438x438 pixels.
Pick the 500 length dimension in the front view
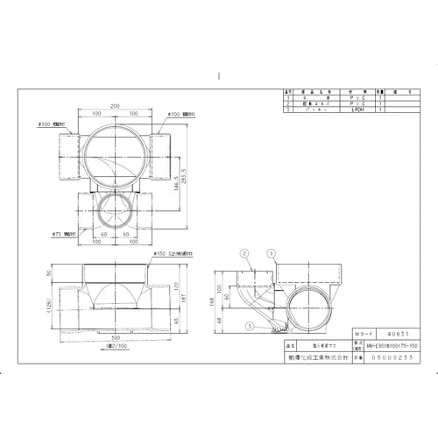[x=115, y=335]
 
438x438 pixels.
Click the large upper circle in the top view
[x=116, y=150]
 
